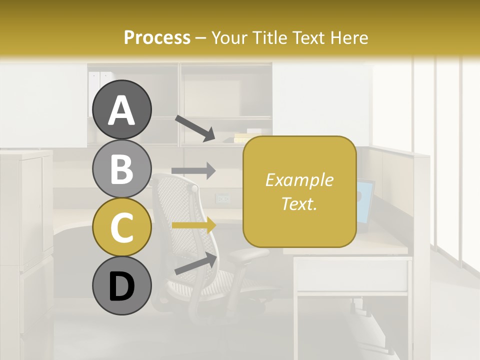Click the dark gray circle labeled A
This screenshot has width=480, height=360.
[x=121, y=109]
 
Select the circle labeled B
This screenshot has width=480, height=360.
[x=121, y=168]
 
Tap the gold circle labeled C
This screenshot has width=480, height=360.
[x=121, y=227]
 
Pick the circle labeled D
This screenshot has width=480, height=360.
[x=121, y=285]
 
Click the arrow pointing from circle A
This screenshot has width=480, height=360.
[x=194, y=128]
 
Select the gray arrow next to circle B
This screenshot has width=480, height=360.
[x=193, y=170]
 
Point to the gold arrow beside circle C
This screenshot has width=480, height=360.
[x=193, y=225]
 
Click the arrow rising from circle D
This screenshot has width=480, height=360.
[x=195, y=263]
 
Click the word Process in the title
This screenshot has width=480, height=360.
[x=157, y=37]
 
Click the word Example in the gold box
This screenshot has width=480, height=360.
[x=299, y=180]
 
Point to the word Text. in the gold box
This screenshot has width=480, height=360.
[x=299, y=203]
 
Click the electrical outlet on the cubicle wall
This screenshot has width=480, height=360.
[x=222, y=198]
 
